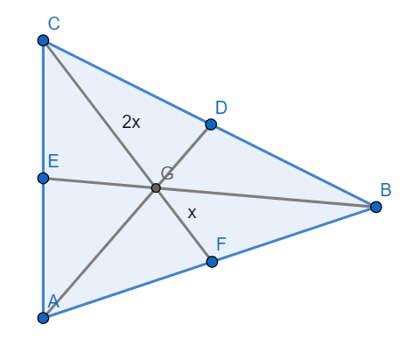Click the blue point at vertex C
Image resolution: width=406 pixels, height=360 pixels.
[x=43, y=40]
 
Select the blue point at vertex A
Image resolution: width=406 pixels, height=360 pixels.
[x=43, y=318]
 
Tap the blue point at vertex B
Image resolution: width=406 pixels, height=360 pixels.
[x=376, y=207]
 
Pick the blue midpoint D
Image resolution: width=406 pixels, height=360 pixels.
[x=211, y=124]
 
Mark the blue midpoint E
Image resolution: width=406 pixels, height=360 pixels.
[x=43, y=178]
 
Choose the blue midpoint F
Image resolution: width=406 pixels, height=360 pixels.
[x=212, y=262]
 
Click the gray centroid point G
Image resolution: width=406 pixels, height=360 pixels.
[x=156, y=188]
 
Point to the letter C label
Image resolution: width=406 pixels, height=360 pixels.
[x=54, y=24]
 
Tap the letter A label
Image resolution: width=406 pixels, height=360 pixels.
[x=53, y=301]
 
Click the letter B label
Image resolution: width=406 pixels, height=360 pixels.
[x=386, y=190]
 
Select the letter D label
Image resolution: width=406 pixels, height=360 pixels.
[x=221, y=108]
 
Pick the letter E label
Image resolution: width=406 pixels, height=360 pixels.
[x=53, y=161]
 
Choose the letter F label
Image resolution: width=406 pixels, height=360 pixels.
[x=221, y=244]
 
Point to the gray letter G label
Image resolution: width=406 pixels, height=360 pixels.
[x=167, y=173]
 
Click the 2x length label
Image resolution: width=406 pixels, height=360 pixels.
[x=131, y=122]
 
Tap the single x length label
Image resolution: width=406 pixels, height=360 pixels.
[x=192, y=213]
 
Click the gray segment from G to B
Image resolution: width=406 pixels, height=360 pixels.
[x=266, y=198]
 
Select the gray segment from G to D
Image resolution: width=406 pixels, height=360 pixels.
[x=184, y=156]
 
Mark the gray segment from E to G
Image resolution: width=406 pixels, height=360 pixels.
[x=100, y=183]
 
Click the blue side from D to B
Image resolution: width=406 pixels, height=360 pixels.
[x=293, y=166]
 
